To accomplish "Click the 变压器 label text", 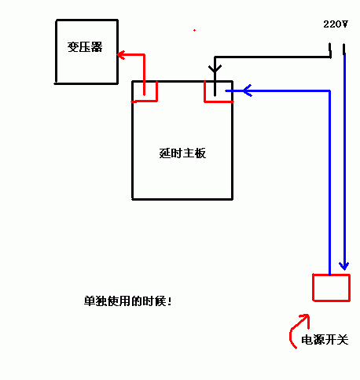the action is pos(85,47).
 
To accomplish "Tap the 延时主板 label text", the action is pos(182,153).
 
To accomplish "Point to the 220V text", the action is pos(336,24).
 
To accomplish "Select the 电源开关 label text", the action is pos(325,340).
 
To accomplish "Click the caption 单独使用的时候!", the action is pos(128,301).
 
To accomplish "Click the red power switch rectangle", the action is pos(332,275).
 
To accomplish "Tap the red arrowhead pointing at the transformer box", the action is pos(120,55).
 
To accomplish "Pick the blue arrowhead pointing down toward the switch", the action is pos(344,266).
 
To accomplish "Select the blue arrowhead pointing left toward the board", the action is pos(248,90).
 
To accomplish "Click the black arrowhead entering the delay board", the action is pos(215,68).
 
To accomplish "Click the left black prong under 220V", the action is pos(330,50).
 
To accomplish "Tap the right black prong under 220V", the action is pos(343,50).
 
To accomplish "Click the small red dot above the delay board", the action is pos(194,31).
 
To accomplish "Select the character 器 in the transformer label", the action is pos(97,47).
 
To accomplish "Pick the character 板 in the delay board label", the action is pos(200,153).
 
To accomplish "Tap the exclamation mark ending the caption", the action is pos(170,301).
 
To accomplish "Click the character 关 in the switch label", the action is pos(343,340).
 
